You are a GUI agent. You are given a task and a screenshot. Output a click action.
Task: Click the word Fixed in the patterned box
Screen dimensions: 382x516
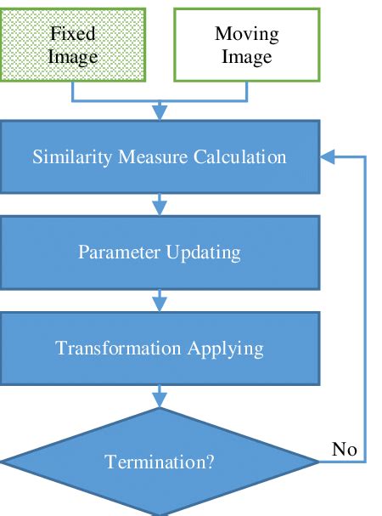73,33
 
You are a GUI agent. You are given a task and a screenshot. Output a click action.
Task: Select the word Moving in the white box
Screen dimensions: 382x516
247,35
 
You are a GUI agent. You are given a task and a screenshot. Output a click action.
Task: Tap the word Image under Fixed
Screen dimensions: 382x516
73,57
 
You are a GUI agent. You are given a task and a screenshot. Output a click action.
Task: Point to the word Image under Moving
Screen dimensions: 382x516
247,57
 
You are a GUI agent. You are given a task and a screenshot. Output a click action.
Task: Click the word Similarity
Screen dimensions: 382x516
72,157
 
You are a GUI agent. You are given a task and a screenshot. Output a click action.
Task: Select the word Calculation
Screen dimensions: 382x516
239,156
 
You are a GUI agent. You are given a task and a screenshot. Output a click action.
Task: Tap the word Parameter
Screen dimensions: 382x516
119,252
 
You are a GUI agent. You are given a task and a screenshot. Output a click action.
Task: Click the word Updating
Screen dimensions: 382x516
203,253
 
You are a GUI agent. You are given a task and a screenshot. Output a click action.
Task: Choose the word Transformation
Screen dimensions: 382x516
118,349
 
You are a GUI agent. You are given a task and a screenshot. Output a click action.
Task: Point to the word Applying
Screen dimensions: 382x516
226,349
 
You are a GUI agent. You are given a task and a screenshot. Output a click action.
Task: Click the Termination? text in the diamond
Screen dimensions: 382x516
160,462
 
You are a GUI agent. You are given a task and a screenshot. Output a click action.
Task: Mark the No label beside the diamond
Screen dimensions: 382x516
344,449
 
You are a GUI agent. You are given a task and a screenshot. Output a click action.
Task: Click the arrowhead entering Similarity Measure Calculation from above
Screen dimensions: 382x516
160,112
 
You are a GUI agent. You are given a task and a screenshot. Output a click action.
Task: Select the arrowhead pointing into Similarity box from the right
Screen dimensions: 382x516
328,156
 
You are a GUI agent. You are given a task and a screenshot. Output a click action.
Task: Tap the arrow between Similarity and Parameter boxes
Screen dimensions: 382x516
160,204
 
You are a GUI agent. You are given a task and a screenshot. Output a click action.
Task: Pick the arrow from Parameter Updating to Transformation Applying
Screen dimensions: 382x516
160,300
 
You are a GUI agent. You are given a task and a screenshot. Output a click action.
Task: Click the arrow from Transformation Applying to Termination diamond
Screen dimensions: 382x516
160,396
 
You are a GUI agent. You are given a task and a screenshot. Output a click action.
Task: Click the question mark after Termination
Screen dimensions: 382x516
210,462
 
